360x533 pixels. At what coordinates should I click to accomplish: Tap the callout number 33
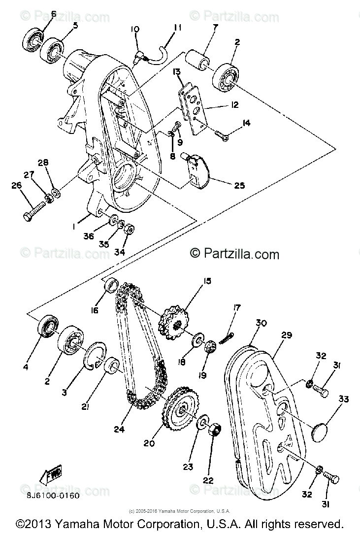(x=343, y=400)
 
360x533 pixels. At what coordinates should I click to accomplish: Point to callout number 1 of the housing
(x=73, y=226)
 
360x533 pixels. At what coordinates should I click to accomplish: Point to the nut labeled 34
(x=130, y=230)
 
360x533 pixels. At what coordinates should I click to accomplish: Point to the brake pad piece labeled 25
(x=198, y=170)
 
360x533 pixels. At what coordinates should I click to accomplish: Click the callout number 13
(x=176, y=72)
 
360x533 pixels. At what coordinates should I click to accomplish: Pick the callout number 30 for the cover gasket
(x=261, y=324)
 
